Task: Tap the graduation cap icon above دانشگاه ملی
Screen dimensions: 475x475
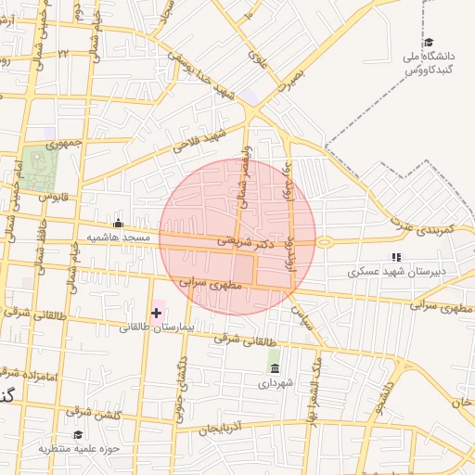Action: click(429, 43)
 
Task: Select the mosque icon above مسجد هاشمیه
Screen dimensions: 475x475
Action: click(118, 223)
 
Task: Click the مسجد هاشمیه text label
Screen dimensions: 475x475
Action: click(119, 237)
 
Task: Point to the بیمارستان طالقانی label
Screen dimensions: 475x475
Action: click(156, 327)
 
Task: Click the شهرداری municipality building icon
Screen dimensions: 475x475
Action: click(275, 368)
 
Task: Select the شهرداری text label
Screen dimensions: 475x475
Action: click(275, 382)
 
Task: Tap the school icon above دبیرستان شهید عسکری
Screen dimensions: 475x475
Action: click(396, 257)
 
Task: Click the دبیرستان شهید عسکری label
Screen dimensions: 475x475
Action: click(396, 272)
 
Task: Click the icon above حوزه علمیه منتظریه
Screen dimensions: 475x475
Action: click(78, 434)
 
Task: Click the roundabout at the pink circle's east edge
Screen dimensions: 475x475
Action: click(324, 242)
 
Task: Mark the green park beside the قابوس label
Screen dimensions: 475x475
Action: click(40, 168)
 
